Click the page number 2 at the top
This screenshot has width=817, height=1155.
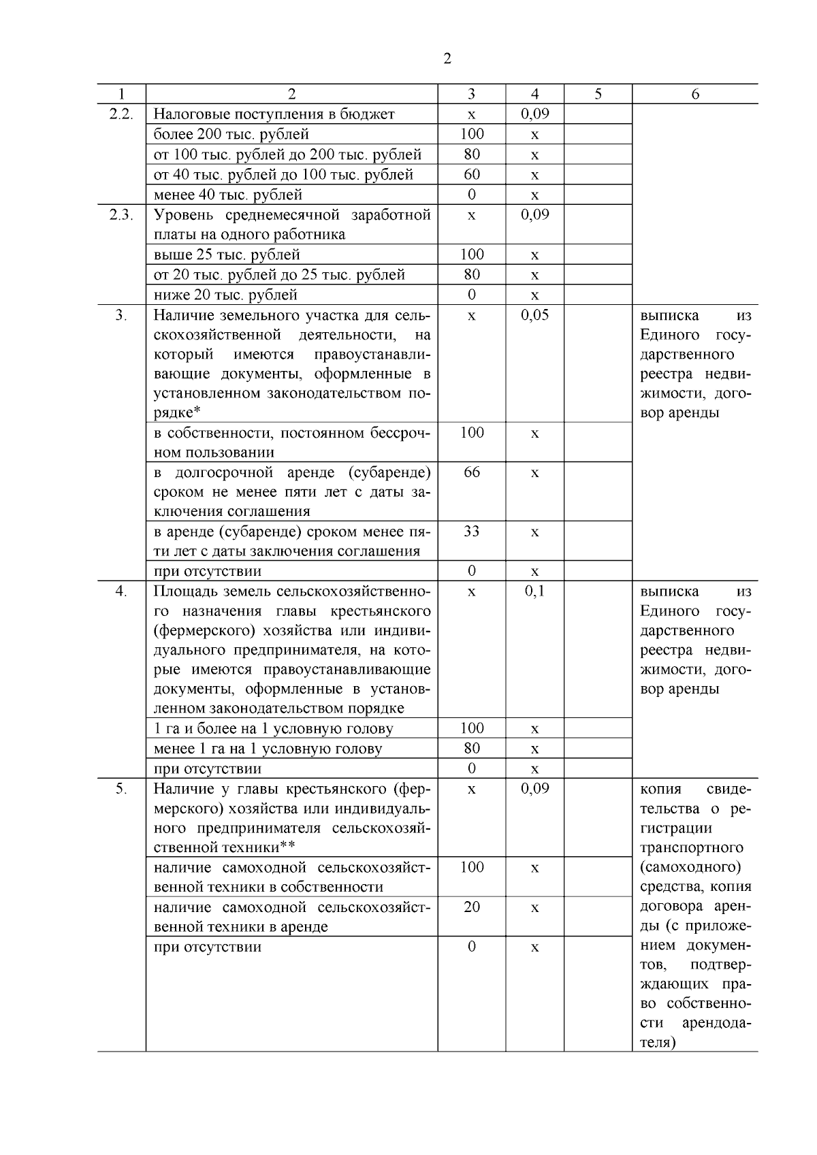[x=447, y=59]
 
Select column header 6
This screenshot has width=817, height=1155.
[x=694, y=95]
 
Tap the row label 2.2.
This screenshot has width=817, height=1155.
[x=121, y=114]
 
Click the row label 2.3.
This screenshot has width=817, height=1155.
[x=121, y=215]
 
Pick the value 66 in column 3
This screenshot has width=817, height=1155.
[x=471, y=472]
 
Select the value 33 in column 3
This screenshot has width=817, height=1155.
[x=471, y=532]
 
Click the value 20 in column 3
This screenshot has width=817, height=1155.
[x=471, y=907]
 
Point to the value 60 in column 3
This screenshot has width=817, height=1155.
[x=471, y=174]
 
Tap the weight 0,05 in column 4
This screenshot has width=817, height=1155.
[x=534, y=315]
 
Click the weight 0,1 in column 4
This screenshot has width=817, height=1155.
[x=534, y=591]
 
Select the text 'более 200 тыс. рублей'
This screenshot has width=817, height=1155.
[x=231, y=134]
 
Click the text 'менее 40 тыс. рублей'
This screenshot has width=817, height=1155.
[x=228, y=195]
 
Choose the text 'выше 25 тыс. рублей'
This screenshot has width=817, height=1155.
[x=227, y=255]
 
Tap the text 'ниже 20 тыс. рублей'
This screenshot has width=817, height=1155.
[x=225, y=295]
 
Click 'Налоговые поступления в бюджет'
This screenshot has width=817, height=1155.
[x=274, y=114]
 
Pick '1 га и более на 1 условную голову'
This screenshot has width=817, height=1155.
[x=273, y=729]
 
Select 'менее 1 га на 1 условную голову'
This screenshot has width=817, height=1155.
[x=268, y=749]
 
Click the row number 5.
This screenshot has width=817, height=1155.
[x=121, y=789]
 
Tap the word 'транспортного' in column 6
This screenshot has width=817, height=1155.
[x=691, y=848]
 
